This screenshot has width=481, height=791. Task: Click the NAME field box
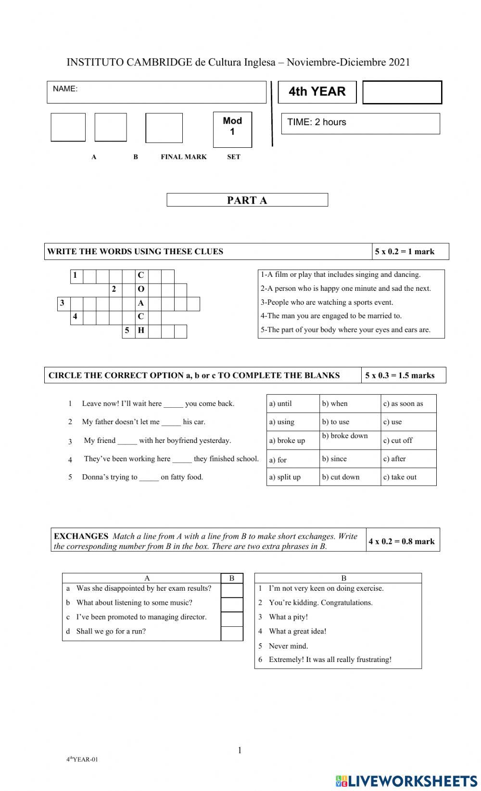(x=156, y=92)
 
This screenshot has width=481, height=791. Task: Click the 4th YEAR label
(x=317, y=91)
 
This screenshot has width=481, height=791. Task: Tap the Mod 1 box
(x=232, y=130)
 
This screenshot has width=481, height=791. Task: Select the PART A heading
(x=247, y=200)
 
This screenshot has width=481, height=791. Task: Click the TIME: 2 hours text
(x=316, y=122)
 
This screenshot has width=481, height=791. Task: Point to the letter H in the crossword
(x=141, y=331)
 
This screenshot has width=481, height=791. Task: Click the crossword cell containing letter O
(x=141, y=289)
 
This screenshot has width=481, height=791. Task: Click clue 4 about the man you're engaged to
(x=331, y=316)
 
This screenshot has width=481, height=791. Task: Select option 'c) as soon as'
(x=403, y=404)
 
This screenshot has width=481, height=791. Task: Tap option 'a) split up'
(x=285, y=477)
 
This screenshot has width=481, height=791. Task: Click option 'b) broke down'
(x=345, y=436)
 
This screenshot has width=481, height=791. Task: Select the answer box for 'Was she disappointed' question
(x=232, y=590)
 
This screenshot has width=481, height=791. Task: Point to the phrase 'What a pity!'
(x=288, y=617)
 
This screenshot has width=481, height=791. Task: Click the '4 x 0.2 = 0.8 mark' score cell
(x=402, y=541)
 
